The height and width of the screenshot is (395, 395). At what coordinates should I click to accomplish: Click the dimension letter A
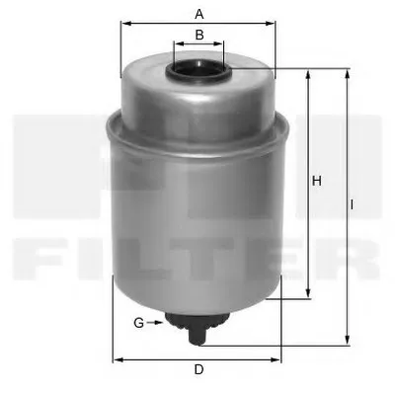(198, 14)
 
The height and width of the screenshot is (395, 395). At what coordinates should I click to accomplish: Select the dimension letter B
(198, 35)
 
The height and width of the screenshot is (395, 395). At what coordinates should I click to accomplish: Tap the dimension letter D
(198, 369)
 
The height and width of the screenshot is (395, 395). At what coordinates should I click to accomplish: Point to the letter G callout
(139, 323)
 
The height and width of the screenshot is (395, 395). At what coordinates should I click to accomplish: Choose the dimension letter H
(317, 181)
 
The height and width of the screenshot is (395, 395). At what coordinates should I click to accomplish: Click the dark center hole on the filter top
(198, 71)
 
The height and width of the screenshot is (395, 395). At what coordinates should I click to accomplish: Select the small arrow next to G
(155, 323)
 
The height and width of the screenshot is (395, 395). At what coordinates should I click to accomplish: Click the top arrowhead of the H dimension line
(309, 74)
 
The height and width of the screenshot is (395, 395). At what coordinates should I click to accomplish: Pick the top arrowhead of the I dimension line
(348, 74)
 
